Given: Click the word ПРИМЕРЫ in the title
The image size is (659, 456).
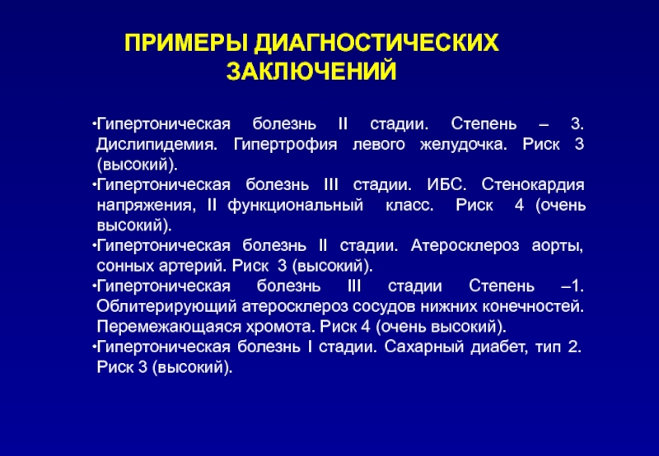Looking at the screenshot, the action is point(185,43).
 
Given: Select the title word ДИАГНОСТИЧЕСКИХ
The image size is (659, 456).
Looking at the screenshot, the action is point(376,44).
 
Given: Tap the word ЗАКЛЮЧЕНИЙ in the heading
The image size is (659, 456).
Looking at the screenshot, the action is point(311,71).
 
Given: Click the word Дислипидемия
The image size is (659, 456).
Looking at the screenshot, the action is point(157,145).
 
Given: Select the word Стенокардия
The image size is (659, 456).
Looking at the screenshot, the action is point(533,185).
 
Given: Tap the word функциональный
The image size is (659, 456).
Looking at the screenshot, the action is point(296,206).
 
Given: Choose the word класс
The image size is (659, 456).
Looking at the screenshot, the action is point(409,206).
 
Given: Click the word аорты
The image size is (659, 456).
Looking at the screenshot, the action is point(558,246).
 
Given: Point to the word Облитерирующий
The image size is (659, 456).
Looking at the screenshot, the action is point(166,307).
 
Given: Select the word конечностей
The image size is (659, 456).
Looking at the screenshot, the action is point(533,307).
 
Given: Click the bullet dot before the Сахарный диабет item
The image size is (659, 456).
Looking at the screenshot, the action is point(93,347).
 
